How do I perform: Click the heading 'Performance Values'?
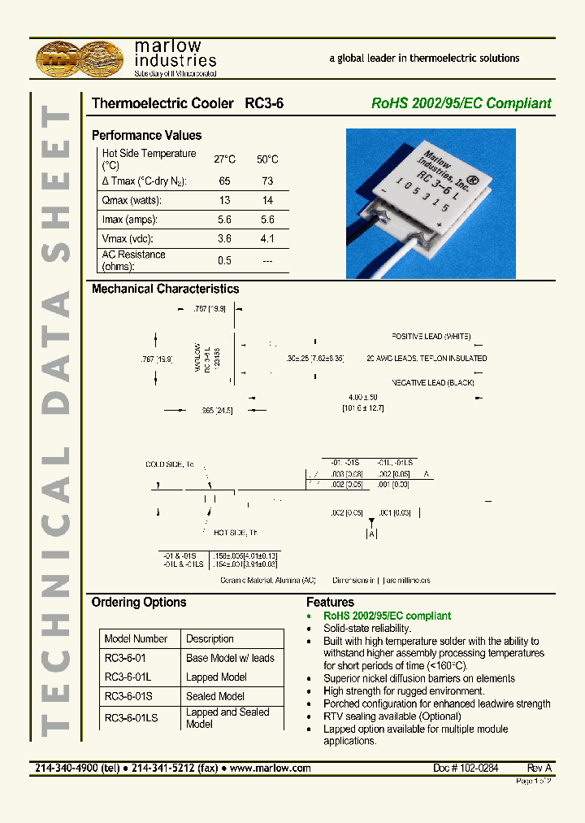click(146, 136)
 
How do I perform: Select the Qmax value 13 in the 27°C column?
click(224, 200)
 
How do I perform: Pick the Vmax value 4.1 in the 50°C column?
click(267, 239)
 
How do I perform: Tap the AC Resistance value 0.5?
click(224, 260)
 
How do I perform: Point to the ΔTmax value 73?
click(267, 181)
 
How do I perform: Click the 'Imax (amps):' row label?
click(130, 220)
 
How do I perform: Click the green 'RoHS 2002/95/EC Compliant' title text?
click(461, 103)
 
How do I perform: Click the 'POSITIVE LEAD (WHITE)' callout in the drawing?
click(431, 336)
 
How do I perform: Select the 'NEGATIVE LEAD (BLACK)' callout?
click(432, 382)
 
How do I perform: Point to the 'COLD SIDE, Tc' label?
click(170, 464)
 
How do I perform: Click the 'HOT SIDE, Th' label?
click(236, 533)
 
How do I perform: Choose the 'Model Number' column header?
click(136, 639)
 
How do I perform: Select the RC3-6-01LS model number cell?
click(131, 717)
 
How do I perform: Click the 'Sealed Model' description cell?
click(215, 696)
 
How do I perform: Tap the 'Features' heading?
click(330, 603)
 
